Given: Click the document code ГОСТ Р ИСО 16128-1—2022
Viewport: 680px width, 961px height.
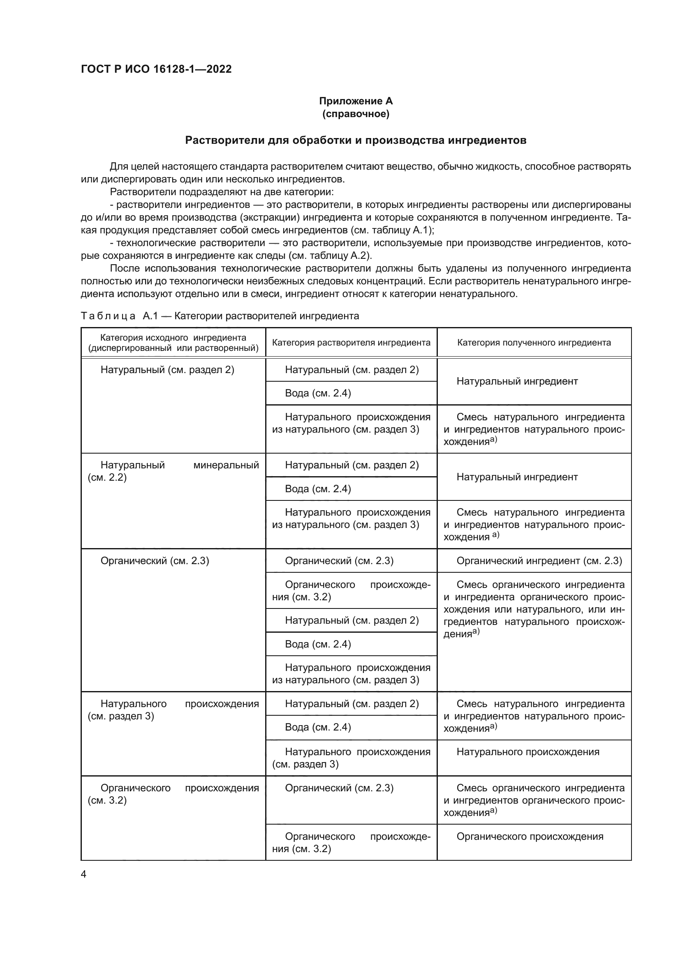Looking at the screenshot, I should click(156, 69).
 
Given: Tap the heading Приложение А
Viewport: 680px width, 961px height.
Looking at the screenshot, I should click(356, 101).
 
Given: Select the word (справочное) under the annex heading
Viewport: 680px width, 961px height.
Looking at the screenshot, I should click(356, 114).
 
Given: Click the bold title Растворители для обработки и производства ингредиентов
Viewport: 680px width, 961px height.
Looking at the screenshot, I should click(356, 140).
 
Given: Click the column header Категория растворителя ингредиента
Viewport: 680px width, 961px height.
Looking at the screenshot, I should click(351, 343).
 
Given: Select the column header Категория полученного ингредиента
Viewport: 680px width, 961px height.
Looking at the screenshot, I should click(534, 343).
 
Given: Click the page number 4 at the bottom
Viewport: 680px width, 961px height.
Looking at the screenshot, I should click(83, 874).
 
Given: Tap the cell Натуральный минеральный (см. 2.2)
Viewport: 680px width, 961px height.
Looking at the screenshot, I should click(173, 471).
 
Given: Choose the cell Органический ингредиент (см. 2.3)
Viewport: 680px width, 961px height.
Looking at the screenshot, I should click(539, 561).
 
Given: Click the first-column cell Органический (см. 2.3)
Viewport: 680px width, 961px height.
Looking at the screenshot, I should click(155, 561).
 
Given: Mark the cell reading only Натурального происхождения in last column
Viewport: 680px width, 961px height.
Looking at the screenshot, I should click(527, 752).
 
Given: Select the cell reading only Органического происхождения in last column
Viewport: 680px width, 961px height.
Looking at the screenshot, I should click(530, 836).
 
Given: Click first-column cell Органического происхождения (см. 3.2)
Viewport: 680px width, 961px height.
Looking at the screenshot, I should click(173, 795).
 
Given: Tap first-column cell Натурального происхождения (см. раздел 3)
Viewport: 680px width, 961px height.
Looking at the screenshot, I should click(173, 710).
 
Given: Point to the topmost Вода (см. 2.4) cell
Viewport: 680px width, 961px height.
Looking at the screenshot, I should click(318, 393).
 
